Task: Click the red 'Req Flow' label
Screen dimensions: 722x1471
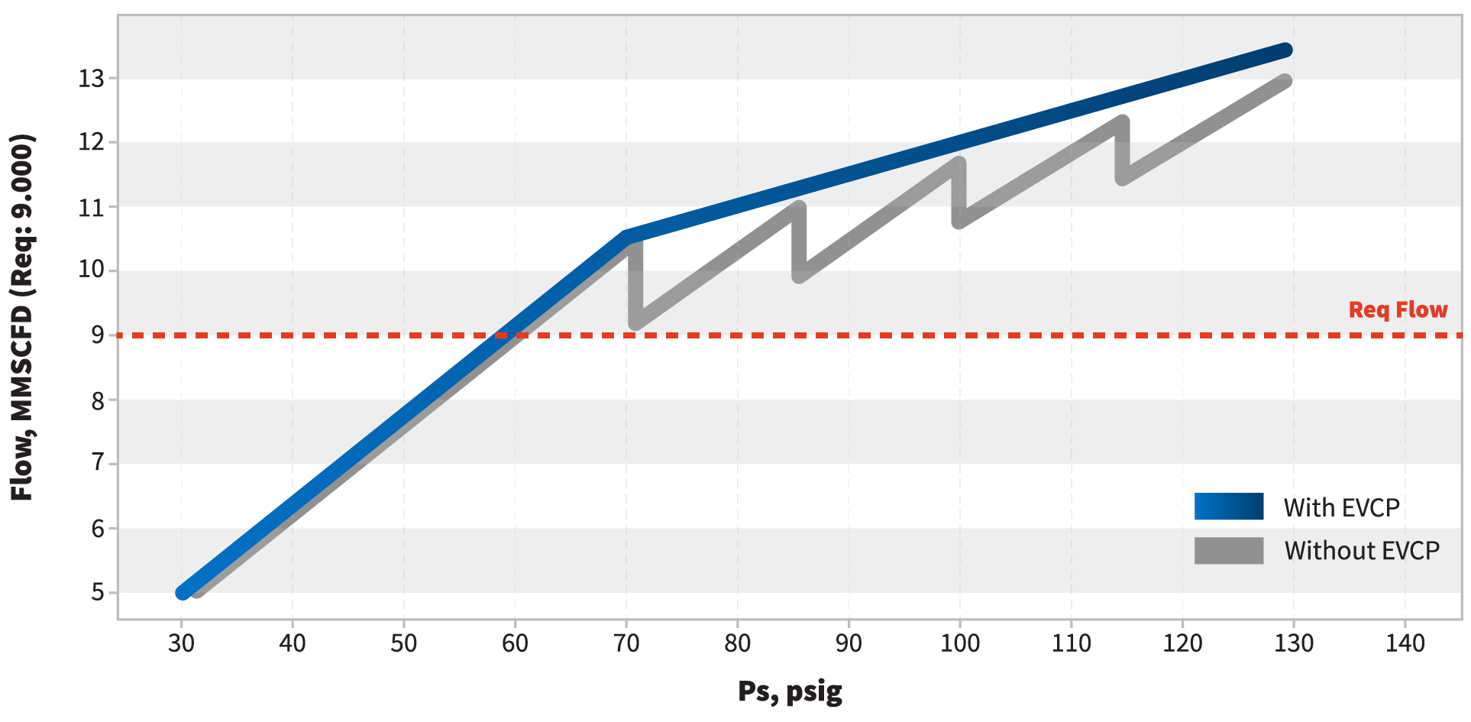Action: (x=1398, y=309)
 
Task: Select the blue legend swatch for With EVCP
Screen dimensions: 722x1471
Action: (x=1228, y=507)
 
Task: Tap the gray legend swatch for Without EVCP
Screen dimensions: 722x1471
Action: (x=1228, y=550)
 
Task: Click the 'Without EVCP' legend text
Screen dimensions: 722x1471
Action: (x=1362, y=550)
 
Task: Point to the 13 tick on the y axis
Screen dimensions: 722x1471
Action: (x=92, y=78)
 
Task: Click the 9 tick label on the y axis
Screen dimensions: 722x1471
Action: (x=98, y=335)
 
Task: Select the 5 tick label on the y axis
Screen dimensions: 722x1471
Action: (x=98, y=593)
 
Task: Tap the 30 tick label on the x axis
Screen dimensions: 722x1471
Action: (x=181, y=644)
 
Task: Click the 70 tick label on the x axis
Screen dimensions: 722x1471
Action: (x=626, y=644)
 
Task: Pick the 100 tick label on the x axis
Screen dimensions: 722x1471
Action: (x=959, y=644)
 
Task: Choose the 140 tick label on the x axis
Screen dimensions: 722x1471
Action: (x=1405, y=644)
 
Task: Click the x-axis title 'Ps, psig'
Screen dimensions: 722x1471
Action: (x=790, y=691)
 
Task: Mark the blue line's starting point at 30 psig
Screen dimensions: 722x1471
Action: (x=183, y=592)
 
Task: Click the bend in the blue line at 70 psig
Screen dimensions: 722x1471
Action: (x=626, y=238)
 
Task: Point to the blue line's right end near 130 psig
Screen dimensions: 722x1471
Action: (x=1286, y=50)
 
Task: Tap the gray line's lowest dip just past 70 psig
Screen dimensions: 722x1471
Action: (x=635, y=323)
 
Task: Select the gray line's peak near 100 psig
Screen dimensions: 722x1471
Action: (x=959, y=164)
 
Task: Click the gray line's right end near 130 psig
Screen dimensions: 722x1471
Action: (x=1285, y=81)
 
